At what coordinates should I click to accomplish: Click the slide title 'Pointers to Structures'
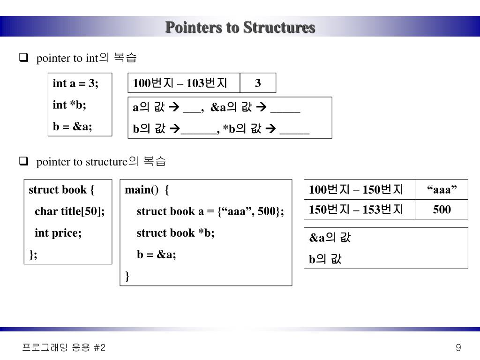tap(240, 27)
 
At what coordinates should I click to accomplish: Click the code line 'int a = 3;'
tap(75, 83)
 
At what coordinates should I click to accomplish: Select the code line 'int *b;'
tap(69, 105)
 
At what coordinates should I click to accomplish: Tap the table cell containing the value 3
tap(258, 83)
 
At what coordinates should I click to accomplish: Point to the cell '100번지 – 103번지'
tap(180, 83)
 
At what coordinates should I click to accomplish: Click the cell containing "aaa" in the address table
tap(442, 189)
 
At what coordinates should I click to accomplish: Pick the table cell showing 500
tap(442, 210)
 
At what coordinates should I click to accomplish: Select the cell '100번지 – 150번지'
tap(356, 189)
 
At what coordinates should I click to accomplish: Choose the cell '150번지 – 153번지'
tap(356, 210)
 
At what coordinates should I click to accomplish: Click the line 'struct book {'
tap(61, 190)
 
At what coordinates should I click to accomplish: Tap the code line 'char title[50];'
tap(69, 211)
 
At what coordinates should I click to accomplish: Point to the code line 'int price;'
tap(58, 233)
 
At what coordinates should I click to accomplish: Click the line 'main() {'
tap(147, 190)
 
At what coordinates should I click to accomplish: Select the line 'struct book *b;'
tap(175, 233)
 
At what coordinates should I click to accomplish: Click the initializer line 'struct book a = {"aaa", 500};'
tap(210, 211)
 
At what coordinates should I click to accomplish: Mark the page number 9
tap(458, 347)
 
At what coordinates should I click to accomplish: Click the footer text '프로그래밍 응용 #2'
tap(64, 347)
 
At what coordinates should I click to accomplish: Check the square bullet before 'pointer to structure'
tap(22, 162)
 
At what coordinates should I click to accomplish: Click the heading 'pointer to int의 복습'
tap(86, 58)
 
